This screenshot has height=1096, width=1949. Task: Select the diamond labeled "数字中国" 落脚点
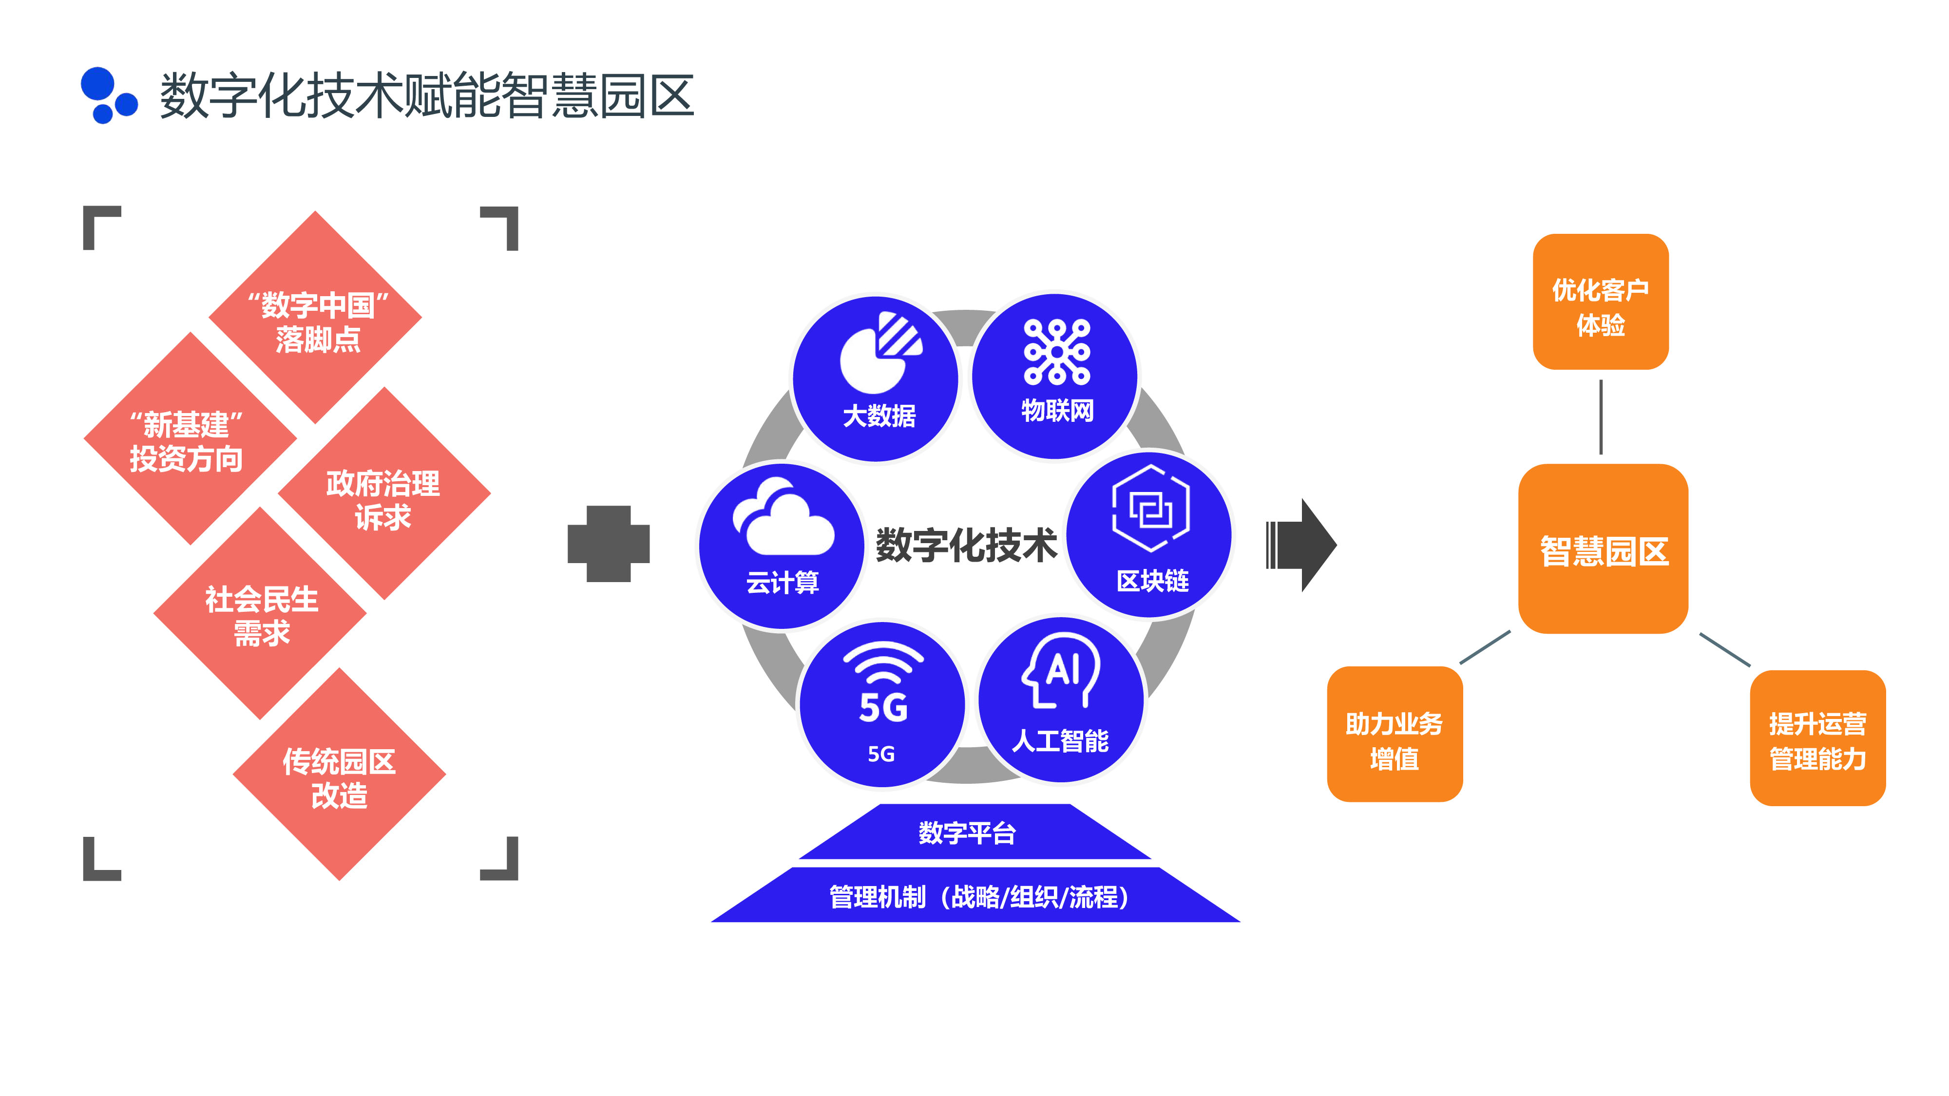pyautogui.click(x=316, y=318)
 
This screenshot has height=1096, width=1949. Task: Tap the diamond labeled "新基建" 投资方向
pyautogui.click(x=189, y=439)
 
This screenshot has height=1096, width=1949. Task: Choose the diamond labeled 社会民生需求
pyautogui.click(x=261, y=614)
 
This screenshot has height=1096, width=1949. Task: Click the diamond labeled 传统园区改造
pyautogui.click(x=340, y=775)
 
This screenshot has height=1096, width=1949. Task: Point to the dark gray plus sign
pyautogui.click(x=608, y=544)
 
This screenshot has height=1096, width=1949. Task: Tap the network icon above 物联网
pyautogui.click(x=1057, y=352)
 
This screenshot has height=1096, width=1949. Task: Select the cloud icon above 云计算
pyautogui.click(x=783, y=517)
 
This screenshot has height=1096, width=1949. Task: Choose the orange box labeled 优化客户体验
pyautogui.click(x=1600, y=302)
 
